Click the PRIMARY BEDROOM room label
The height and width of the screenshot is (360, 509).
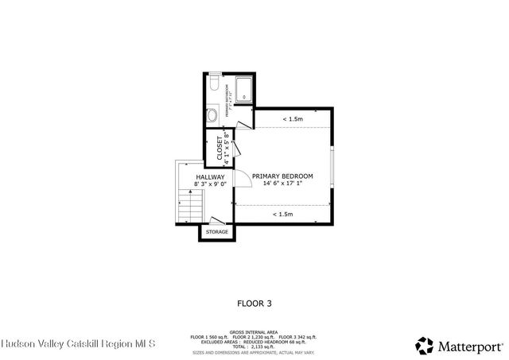click(282, 176)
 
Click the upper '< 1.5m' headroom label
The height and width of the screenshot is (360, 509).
click(292, 119)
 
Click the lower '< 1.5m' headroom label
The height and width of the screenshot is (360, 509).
click(282, 214)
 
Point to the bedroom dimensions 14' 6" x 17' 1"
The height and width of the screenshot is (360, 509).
click(282, 184)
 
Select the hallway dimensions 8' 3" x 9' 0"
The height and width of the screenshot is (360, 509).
click(211, 184)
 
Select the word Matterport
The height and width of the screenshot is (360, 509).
click(469, 346)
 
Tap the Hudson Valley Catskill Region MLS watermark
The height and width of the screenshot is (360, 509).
click(79, 345)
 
